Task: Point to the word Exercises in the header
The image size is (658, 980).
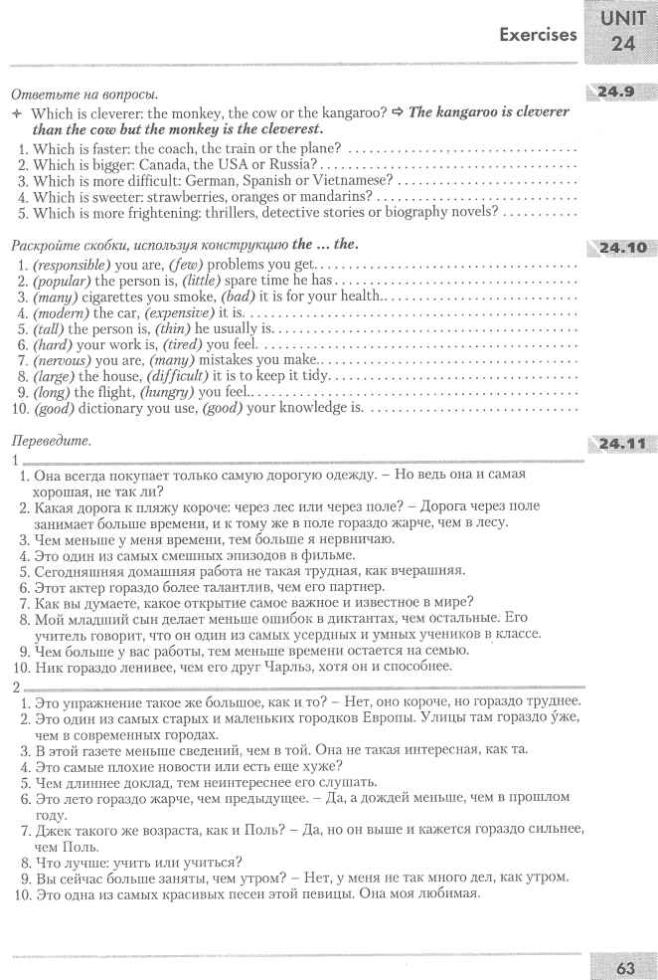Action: click(x=538, y=35)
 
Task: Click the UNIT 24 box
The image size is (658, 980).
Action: click(x=623, y=34)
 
